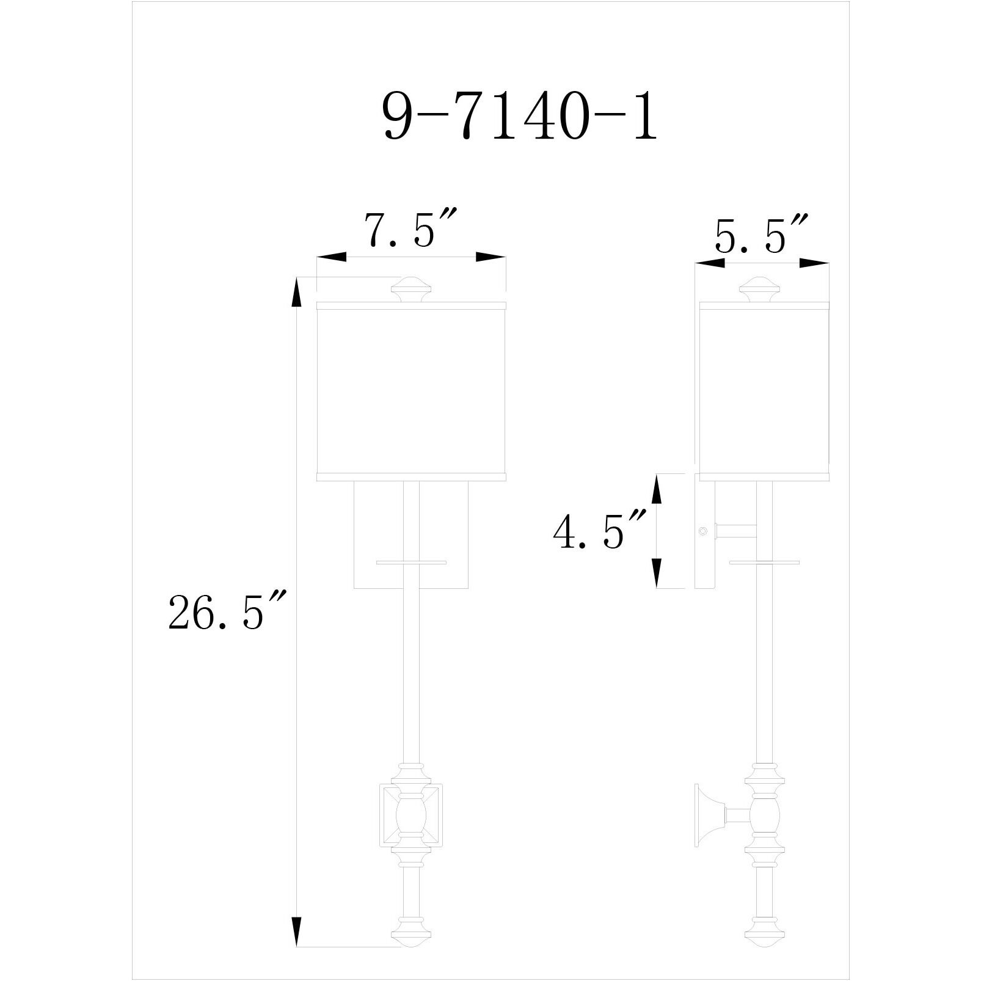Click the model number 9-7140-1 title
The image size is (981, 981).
tap(520, 118)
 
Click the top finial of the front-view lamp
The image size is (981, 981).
tap(411, 289)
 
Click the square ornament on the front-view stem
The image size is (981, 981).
tap(410, 817)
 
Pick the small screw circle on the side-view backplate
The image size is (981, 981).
tap(703, 531)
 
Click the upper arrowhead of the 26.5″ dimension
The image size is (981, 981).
tap(297, 291)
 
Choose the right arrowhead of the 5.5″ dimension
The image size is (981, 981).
tap(814, 263)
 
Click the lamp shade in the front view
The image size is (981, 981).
tap(411, 391)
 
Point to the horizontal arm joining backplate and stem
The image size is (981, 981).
tap(736, 531)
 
